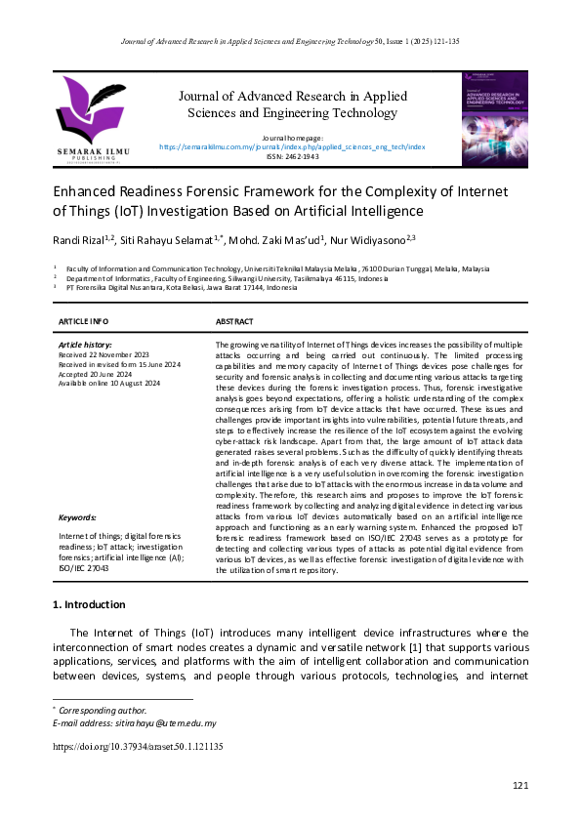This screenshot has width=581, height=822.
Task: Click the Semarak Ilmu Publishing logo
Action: tap(92, 119)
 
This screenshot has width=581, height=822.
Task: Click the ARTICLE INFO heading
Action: tap(84, 321)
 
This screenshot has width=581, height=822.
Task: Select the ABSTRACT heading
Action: tap(234, 321)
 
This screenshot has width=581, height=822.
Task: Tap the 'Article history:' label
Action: tap(85, 345)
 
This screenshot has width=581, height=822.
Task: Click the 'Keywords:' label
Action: tap(77, 517)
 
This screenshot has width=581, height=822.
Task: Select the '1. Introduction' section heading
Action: tap(89, 604)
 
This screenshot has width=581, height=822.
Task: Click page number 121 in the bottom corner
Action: tap(519, 786)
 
